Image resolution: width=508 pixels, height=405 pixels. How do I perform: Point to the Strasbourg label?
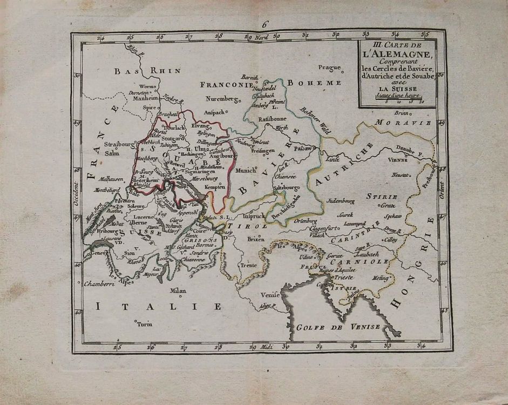tap(119, 145)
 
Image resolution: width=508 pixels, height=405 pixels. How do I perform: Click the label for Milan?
tap(178, 291)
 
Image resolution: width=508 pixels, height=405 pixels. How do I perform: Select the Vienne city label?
tap(398, 160)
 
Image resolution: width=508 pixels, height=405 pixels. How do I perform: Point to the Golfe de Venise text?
tap(338, 328)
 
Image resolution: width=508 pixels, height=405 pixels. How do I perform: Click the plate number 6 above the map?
tap(265, 24)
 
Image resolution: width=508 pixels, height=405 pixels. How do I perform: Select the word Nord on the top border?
tap(261, 37)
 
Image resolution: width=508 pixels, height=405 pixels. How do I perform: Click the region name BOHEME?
tap(314, 83)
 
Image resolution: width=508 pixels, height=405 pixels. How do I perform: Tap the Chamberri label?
tap(98, 283)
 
